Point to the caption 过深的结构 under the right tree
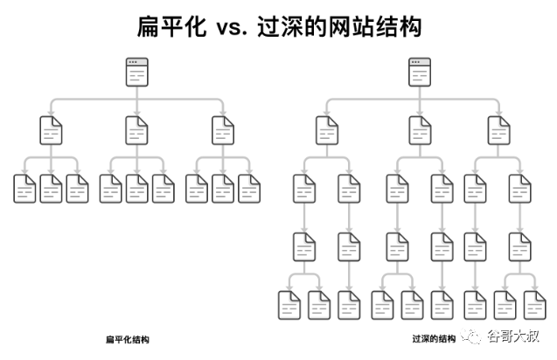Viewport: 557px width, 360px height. (434, 338)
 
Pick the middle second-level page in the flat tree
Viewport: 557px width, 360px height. (137, 130)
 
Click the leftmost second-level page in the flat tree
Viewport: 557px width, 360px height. (52, 130)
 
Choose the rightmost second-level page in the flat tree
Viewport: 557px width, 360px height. (224, 130)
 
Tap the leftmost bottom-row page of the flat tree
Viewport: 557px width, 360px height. (25, 188)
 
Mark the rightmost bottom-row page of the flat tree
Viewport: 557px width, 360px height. (250, 188)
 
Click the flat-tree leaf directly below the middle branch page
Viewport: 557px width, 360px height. (137, 188)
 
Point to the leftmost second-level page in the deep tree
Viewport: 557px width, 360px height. (328, 130)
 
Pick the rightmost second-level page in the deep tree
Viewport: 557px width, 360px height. (499, 130)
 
